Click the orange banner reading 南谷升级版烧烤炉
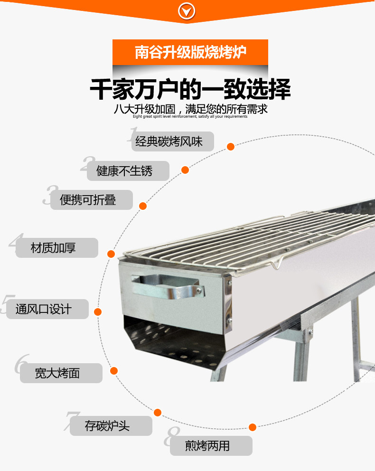pyautogui.click(x=190, y=52)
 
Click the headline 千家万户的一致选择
pyautogui.click(x=190, y=89)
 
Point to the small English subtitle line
pyautogui.click(x=190, y=116)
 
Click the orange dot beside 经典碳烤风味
pyautogui.click(x=231, y=147)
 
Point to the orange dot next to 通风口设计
pyautogui.click(x=98, y=312)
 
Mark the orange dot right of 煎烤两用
pyautogui.click(x=253, y=427)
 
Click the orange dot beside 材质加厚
pyautogui.click(x=111, y=254)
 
